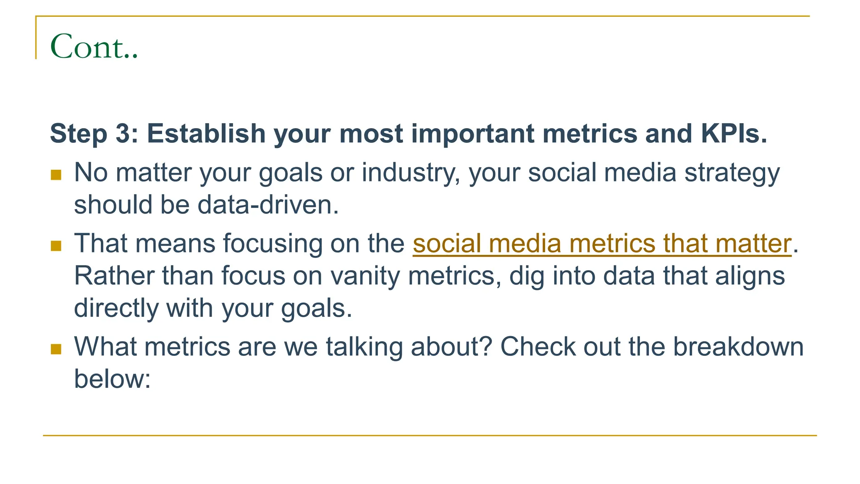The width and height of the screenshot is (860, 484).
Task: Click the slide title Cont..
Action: [x=93, y=46]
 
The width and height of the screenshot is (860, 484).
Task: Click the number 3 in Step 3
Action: [x=123, y=134]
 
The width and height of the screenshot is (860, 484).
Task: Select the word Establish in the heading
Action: [x=206, y=134]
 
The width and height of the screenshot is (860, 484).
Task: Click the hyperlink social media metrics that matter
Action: [x=602, y=244]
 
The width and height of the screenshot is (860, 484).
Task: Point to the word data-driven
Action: [x=267, y=205]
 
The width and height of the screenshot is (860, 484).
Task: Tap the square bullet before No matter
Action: [x=56, y=175]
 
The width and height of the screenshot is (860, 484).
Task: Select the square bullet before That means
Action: [x=56, y=246]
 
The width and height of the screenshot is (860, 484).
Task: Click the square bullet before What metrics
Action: [x=56, y=349]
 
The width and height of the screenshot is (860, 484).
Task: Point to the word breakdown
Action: [x=738, y=347]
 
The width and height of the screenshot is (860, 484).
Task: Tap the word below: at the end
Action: [x=112, y=379]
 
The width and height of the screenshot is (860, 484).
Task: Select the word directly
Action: [x=116, y=308]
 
